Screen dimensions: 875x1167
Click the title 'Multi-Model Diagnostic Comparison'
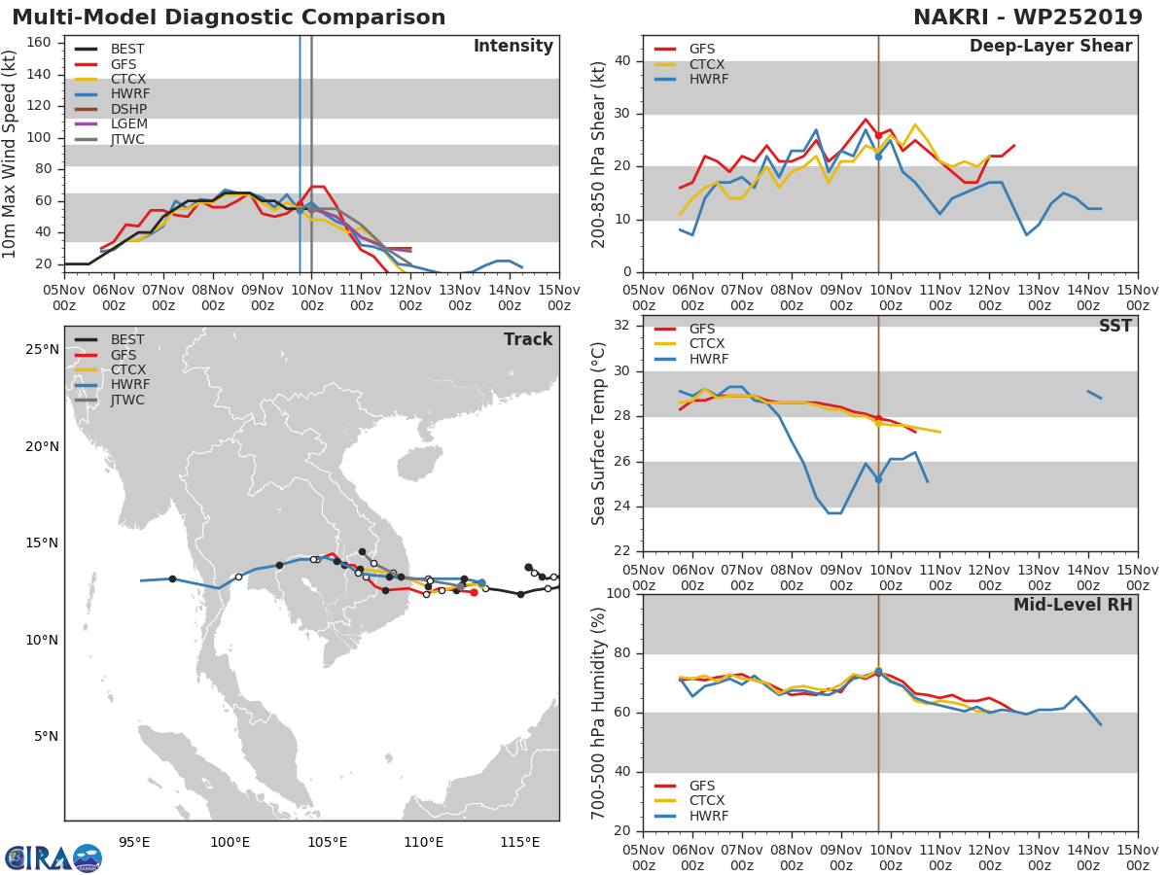point(229,17)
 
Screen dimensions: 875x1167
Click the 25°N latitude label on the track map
point(41,350)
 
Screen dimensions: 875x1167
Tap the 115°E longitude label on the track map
point(519,841)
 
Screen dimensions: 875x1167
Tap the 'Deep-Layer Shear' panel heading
point(1050,47)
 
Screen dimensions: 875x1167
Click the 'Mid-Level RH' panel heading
point(1073,605)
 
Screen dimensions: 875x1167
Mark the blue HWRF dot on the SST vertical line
point(878,479)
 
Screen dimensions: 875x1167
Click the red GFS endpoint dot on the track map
point(474,592)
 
